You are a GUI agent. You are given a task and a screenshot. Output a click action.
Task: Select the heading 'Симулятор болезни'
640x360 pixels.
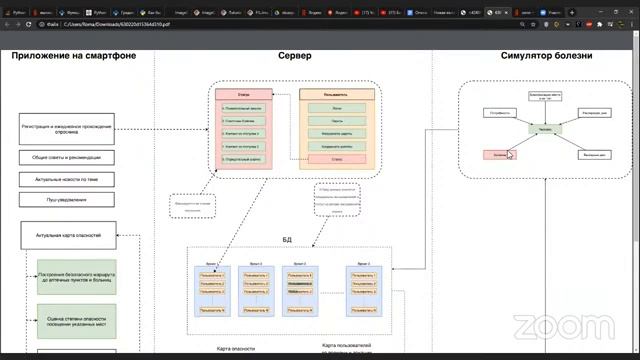click(546, 56)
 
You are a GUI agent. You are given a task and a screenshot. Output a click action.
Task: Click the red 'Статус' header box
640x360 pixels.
click(243, 93)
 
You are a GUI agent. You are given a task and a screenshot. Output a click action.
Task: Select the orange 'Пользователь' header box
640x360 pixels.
click(336, 93)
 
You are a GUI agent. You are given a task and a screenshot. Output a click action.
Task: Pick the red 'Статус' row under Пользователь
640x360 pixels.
click(336, 158)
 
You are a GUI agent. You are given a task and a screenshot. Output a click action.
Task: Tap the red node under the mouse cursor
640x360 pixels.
click(500, 155)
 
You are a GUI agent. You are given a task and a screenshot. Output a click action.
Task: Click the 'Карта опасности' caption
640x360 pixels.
click(235, 349)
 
